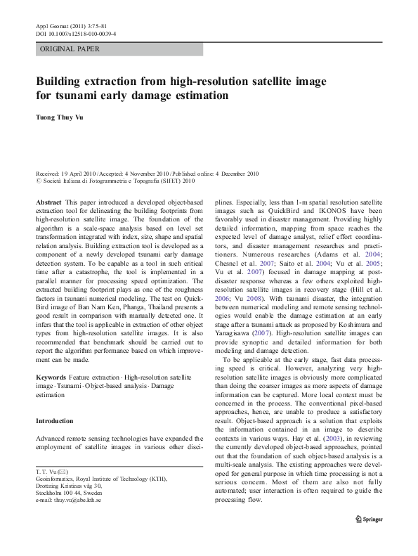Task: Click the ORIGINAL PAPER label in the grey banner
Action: pos(70,49)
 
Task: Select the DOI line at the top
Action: pos(75,33)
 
